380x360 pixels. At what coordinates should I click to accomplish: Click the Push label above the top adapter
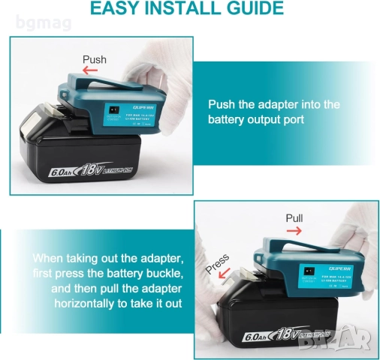point(95,59)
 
